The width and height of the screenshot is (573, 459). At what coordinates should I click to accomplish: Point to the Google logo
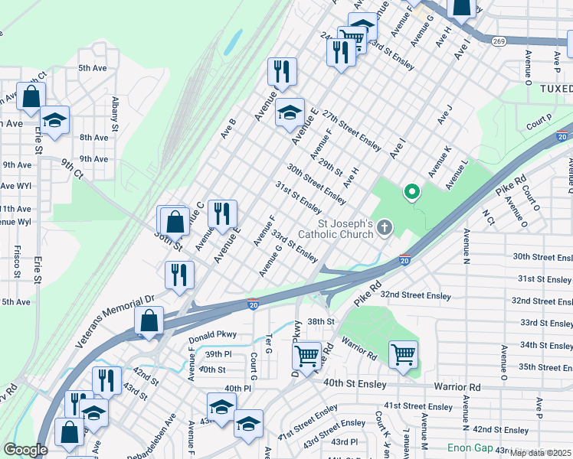(x=25, y=450)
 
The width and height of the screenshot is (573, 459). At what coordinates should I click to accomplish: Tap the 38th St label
(x=322, y=321)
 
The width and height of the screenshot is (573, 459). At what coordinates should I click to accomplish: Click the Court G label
(x=253, y=365)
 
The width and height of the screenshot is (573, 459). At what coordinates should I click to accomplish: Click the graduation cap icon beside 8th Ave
(x=55, y=120)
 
